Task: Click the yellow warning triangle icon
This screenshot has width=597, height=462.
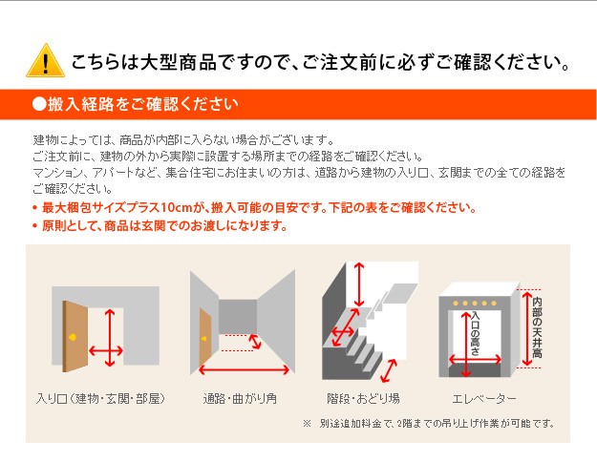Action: tap(45, 61)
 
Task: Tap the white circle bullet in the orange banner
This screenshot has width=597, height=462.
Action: tap(39, 104)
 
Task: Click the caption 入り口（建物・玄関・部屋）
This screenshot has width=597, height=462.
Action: tap(101, 398)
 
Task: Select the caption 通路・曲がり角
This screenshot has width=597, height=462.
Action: tap(240, 398)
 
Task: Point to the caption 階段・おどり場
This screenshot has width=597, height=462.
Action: tap(363, 398)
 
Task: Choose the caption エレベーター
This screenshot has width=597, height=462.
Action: tap(484, 398)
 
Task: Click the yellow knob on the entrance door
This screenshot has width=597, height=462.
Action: tap(73, 337)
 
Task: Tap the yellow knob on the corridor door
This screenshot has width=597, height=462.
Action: tap(204, 338)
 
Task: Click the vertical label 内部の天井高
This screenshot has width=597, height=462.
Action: tap(537, 327)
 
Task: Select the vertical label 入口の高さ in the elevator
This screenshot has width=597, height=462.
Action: tap(475, 333)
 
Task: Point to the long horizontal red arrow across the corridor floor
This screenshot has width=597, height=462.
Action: tap(245, 369)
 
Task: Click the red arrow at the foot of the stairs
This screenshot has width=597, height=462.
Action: tap(389, 370)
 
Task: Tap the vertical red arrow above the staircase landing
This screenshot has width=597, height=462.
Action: tap(358, 284)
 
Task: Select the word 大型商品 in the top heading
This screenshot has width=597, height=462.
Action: tap(179, 62)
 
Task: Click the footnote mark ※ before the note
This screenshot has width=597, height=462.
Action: tap(307, 423)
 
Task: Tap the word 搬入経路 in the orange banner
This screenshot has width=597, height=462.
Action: tap(81, 104)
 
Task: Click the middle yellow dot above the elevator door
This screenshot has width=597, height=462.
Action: tap(475, 304)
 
